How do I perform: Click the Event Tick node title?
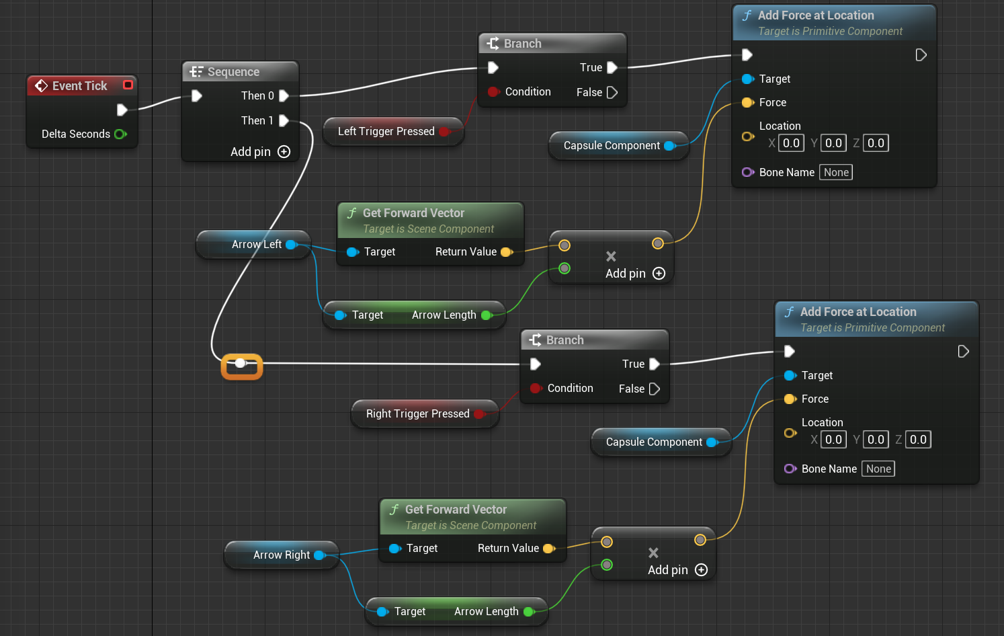(x=79, y=85)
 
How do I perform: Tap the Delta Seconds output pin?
(x=120, y=134)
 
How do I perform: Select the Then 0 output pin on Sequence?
(x=284, y=95)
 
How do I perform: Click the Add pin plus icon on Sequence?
(x=284, y=152)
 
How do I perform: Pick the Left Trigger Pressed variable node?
(x=386, y=132)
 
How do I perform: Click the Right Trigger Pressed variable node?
(x=417, y=414)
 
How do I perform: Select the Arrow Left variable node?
(x=256, y=245)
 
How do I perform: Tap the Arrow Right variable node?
(x=281, y=555)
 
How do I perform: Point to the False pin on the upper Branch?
(x=612, y=92)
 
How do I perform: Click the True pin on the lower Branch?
(x=654, y=364)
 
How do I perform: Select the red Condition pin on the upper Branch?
(x=493, y=91)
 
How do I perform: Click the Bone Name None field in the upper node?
(x=836, y=172)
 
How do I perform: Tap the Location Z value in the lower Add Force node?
(x=918, y=440)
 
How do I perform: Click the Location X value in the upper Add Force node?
(x=791, y=143)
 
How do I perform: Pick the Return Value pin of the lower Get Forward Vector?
(x=548, y=548)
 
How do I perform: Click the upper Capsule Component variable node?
(x=612, y=146)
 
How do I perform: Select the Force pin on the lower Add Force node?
(x=790, y=399)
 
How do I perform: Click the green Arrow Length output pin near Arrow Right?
(x=528, y=611)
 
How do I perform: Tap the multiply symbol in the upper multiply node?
(x=611, y=256)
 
